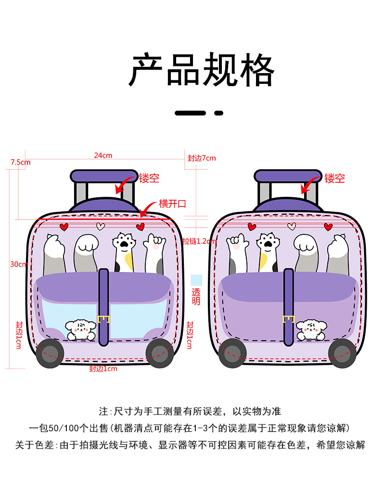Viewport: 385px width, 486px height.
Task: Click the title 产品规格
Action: [x=201, y=71]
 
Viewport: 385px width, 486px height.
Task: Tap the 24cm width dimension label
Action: [x=103, y=155]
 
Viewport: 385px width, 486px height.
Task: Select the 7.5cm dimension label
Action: [x=20, y=162]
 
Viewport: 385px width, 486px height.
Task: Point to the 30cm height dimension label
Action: [x=18, y=264]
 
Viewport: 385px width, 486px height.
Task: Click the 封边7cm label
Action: [x=202, y=158]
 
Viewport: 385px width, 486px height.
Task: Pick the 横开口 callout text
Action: [x=172, y=204]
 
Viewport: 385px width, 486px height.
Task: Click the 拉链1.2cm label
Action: [x=198, y=241]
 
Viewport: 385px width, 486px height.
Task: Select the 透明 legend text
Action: [x=196, y=297]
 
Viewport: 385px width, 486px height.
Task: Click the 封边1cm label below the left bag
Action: [x=103, y=369]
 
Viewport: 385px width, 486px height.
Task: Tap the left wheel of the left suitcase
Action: [x=49, y=352]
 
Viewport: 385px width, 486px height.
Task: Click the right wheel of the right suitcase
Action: [x=343, y=353]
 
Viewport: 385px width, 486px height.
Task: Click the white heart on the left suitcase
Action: [x=100, y=225]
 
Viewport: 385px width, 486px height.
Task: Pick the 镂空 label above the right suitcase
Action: [x=334, y=179]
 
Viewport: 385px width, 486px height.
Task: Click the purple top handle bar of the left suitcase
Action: [x=97, y=176]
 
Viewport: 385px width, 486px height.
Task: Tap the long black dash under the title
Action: [x=190, y=113]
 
